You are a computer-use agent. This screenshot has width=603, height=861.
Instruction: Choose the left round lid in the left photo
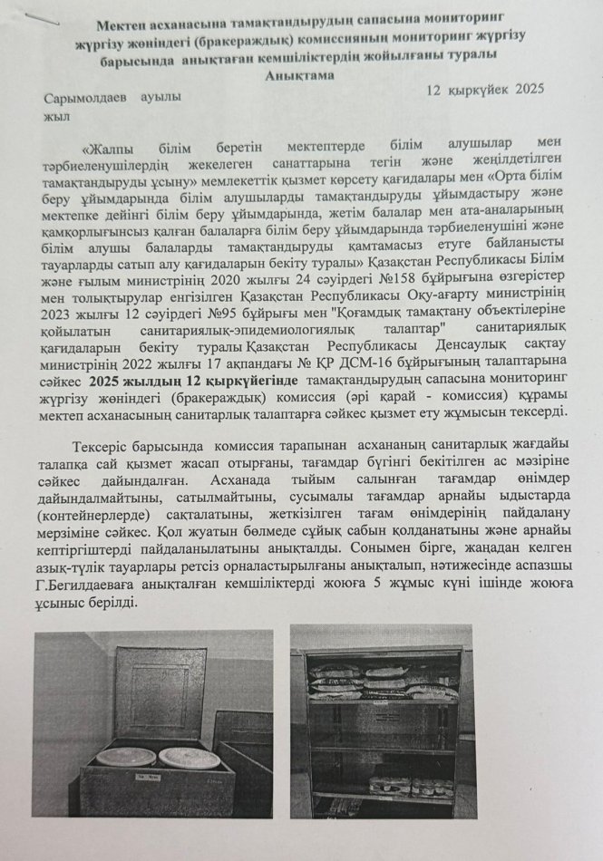point(125,757)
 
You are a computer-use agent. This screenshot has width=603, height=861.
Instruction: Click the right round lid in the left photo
point(188,757)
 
